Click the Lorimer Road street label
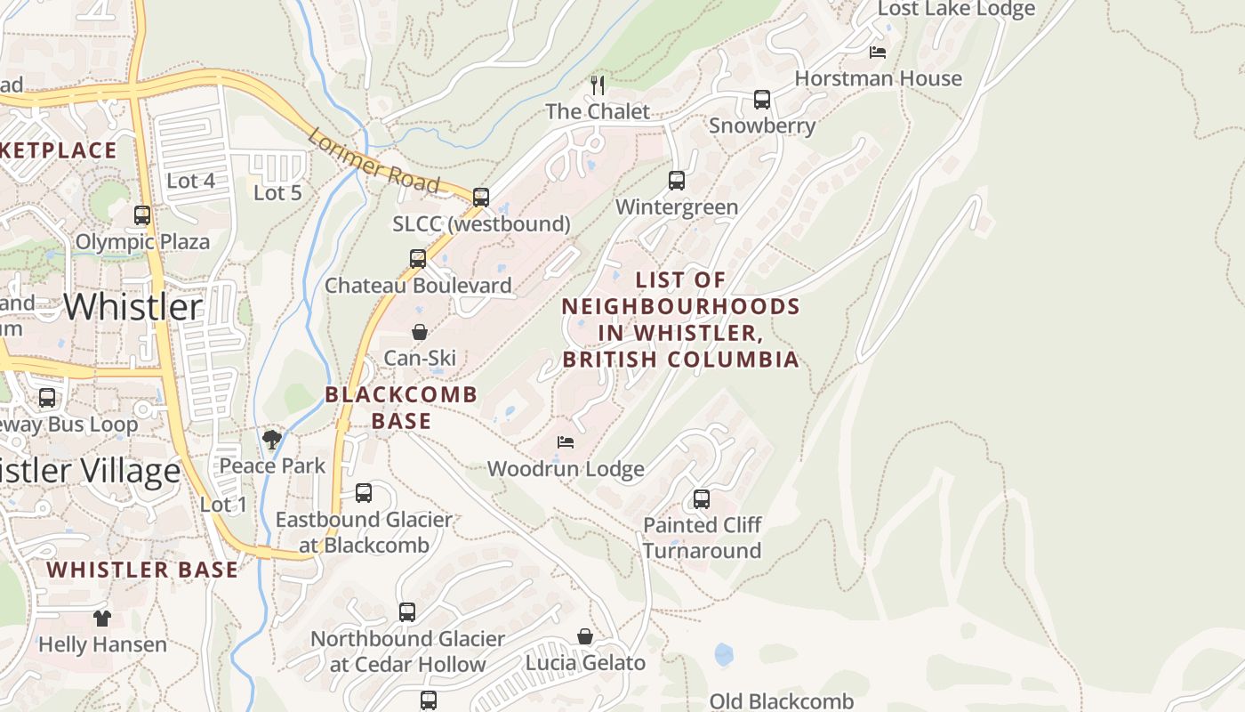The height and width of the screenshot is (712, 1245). click(x=373, y=161)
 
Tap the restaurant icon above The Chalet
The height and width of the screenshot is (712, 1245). click(x=598, y=85)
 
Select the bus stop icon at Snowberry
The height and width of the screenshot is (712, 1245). click(x=761, y=100)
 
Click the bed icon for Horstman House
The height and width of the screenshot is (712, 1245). click(x=878, y=53)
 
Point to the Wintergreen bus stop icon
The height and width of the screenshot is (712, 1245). click(x=677, y=181)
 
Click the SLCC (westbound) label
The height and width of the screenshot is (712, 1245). click(x=481, y=223)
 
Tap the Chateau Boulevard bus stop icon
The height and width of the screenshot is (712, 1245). click(x=418, y=259)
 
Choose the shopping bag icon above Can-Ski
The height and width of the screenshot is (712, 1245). click(x=420, y=332)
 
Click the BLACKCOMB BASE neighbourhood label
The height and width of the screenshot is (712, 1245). click(x=401, y=407)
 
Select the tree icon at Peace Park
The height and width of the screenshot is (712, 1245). click(x=272, y=439)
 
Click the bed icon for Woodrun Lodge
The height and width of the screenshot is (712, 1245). click(x=566, y=441)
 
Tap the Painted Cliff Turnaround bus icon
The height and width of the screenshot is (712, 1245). click(x=702, y=499)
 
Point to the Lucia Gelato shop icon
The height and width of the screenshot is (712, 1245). click(x=585, y=636)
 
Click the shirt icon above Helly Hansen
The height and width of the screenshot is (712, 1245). click(x=102, y=618)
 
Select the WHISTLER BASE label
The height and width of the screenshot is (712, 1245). click(x=142, y=570)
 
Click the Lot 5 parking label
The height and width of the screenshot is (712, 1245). click(x=277, y=192)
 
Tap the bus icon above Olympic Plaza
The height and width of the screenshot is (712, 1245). click(x=142, y=215)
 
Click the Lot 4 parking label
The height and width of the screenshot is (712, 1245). click(x=190, y=181)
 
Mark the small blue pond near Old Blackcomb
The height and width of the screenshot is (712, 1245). click(x=724, y=655)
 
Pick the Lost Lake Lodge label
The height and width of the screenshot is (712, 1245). click(x=956, y=9)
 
